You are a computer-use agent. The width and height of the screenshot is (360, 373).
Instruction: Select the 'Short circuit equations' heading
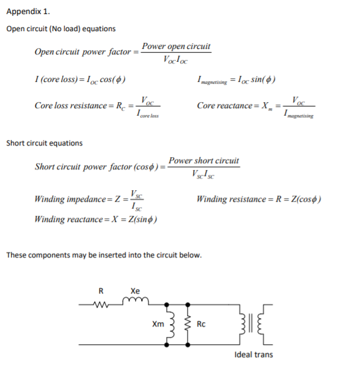point(44,143)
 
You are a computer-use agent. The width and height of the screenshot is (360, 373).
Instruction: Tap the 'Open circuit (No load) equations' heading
point(61,29)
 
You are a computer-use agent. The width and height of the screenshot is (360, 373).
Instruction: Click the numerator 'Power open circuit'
point(176,46)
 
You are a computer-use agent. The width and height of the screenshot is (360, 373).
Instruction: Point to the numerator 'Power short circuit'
point(204,161)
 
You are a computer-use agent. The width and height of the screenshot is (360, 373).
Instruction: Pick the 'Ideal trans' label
point(254,355)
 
